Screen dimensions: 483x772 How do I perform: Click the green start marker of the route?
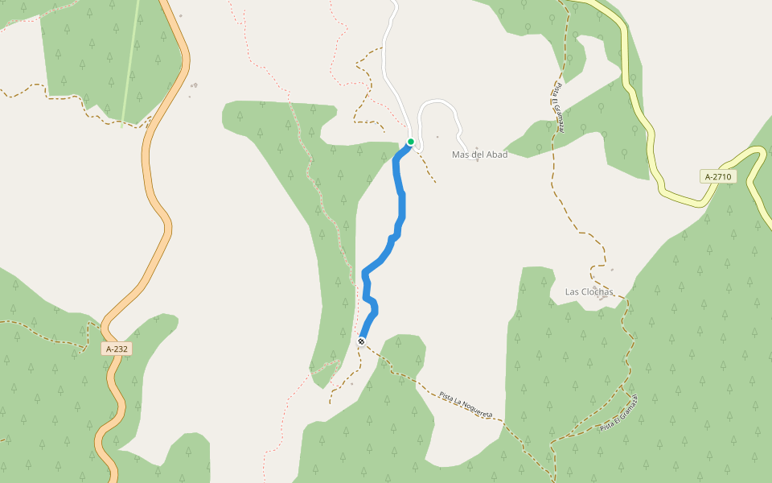[411, 142]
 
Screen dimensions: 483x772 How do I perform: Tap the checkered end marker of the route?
[361, 341]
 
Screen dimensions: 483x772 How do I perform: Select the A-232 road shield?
[117, 349]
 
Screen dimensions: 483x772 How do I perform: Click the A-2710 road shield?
[718, 176]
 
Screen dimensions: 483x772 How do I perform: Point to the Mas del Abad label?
[479, 155]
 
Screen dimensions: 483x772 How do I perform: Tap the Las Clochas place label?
[589, 291]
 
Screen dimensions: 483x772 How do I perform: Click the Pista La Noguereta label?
[466, 404]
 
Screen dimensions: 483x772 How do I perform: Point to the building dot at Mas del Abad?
[477, 159]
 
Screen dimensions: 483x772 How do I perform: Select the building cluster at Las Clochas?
[596, 287]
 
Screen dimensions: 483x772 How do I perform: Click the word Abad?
[495, 155]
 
